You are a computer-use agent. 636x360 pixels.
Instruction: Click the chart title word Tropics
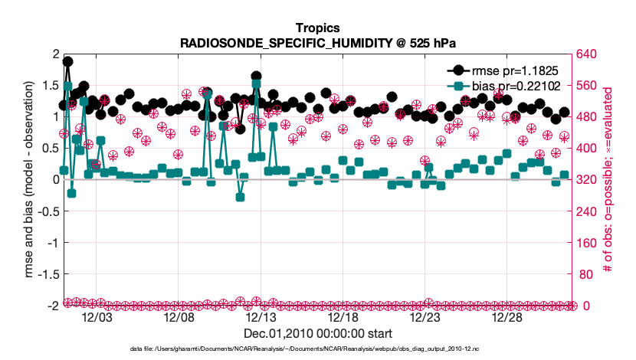[x=317, y=28]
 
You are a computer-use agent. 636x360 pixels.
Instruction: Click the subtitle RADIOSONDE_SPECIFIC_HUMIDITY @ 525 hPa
[x=317, y=43]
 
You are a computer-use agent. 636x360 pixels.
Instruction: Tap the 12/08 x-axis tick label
[x=179, y=317]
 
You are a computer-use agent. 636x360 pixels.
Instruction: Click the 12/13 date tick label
[x=261, y=317]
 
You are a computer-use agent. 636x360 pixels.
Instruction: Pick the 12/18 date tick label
[x=343, y=317]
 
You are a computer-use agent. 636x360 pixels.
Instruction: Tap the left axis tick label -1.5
[x=48, y=274]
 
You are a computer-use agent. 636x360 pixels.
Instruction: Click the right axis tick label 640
[x=587, y=54]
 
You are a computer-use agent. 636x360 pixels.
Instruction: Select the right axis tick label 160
[x=587, y=243]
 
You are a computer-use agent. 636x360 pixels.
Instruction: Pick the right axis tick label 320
[x=587, y=180]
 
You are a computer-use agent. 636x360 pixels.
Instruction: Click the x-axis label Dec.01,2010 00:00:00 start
[x=317, y=333]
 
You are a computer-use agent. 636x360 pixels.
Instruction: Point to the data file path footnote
[x=317, y=349]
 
